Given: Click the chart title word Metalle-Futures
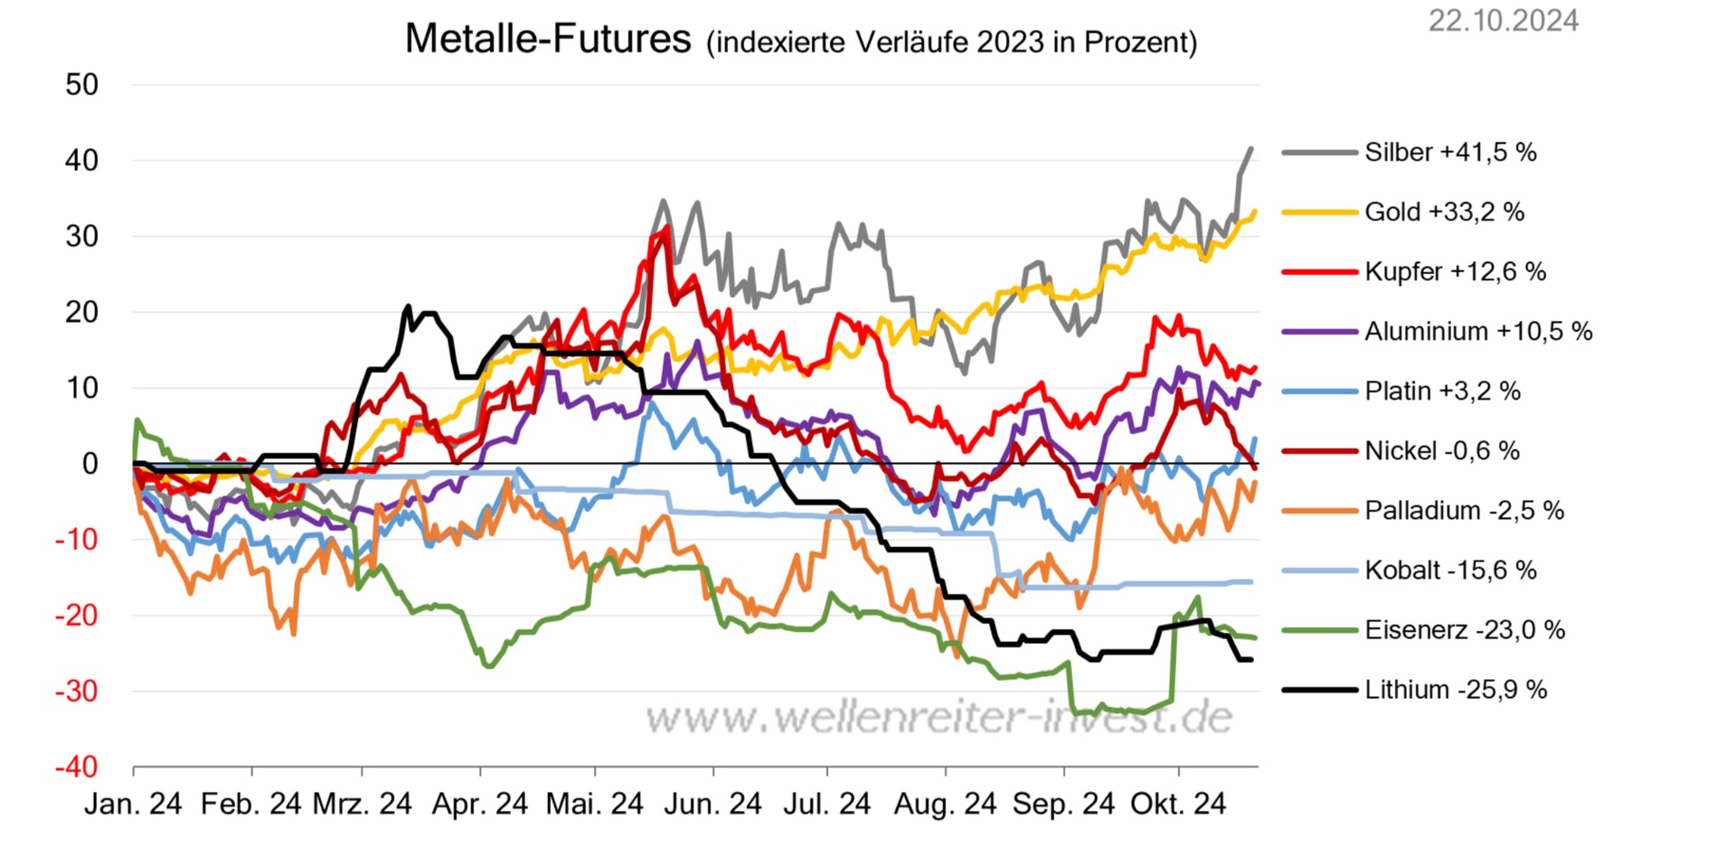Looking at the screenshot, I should pyautogui.click(x=547, y=39).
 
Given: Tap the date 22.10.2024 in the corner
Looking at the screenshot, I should pyautogui.click(x=1503, y=21).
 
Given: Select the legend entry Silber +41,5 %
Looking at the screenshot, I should pyautogui.click(x=1450, y=152).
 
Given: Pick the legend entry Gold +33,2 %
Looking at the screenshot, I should pyautogui.click(x=1444, y=212).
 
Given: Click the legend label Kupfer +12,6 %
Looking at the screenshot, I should pyautogui.click(x=1455, y=271).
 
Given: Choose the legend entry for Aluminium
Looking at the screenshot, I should pyautogui.click(x=1478, y=331).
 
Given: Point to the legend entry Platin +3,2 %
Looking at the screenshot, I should pyautogui.click(x=1442, y=391).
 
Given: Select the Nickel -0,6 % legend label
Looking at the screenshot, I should pyautogui.click(x=1442, y=450).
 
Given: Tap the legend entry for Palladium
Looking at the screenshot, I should pyautogui.click(x=1464, y=510).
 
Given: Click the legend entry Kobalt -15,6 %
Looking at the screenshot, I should pyautogui.click(x=1450, y=570).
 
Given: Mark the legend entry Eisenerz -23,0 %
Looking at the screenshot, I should pyautogui.click(x=1465, y=629).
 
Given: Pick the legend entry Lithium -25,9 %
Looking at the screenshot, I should pyautogui.click(x=1456, y=689).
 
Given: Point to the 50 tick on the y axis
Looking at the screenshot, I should pyautogui.click(x=82, y=85).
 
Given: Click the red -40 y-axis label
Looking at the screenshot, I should pyautogui.click(x=77, y=767).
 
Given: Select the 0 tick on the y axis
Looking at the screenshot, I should pyautogui.click(x=90, y=464).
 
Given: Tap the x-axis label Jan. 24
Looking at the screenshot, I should pyautogui.click(x=133, y=804).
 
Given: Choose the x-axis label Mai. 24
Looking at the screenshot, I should pyautogui.click(x=594, y=804).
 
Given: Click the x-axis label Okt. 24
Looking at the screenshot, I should pyautogui.click(x=1178, y=804).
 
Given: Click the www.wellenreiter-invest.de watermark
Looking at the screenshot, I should pyautogui.click(x=938, y=718).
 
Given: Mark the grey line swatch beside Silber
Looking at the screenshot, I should pyautogui.click(x=1319, y=153).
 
